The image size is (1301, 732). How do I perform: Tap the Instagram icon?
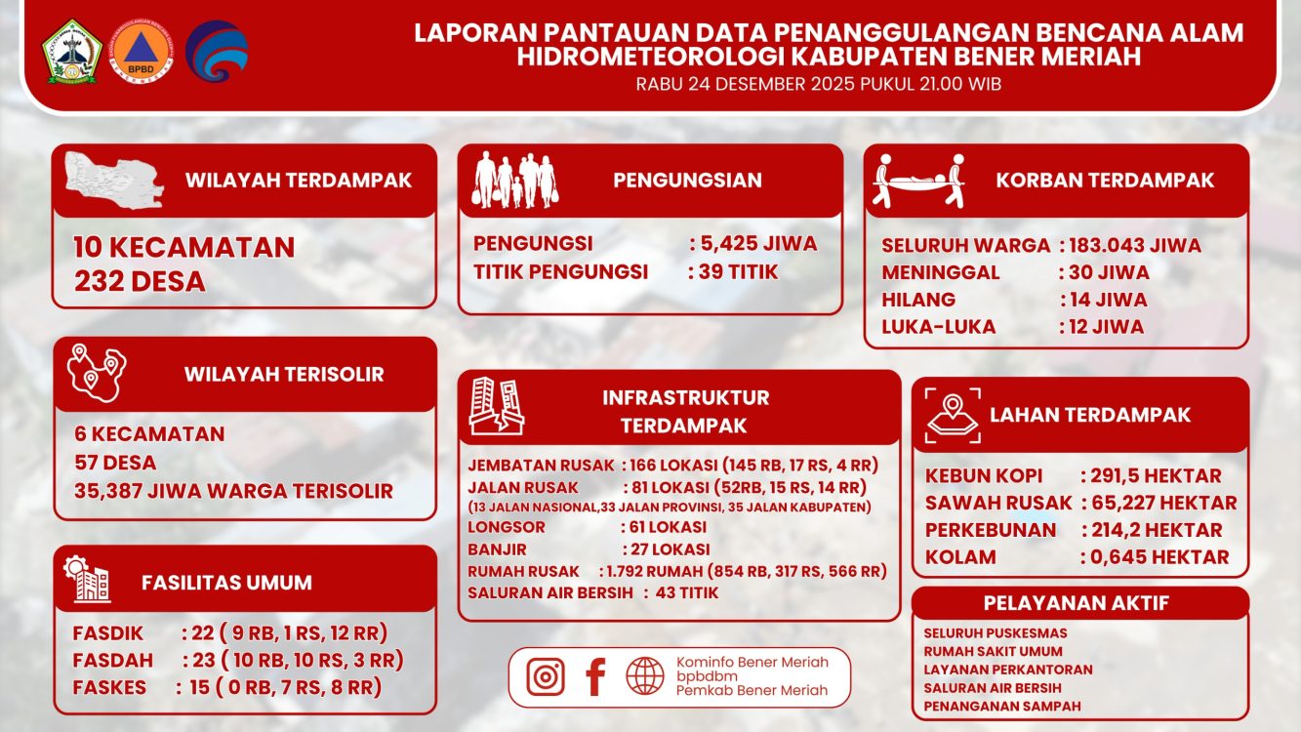546,676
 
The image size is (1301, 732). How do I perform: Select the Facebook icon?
595,676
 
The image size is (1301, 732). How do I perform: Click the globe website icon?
645,676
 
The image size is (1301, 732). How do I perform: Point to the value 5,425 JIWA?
757,244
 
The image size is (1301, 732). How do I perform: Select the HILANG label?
918,300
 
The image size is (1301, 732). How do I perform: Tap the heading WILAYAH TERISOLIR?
284,374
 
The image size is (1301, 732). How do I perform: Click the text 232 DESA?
140,282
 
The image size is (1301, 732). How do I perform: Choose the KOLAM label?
960,557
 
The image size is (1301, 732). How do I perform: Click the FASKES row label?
109,687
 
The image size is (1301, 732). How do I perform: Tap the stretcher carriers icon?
918,181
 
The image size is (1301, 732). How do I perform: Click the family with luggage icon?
515,181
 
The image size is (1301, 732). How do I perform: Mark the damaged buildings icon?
496,405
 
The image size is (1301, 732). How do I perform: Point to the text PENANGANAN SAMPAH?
1001,706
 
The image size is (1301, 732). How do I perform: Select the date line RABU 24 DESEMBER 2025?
818,84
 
